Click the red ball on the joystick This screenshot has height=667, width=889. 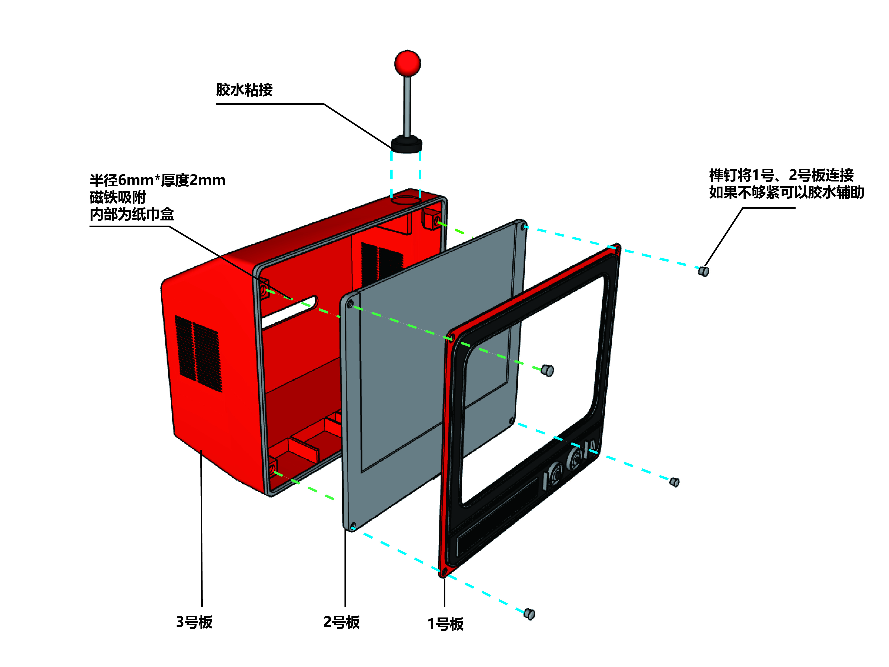(x=407, y=63)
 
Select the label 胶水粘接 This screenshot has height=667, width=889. (x=244, y=90)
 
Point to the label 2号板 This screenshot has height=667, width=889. (x=342, y=622)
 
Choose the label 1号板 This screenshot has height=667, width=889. (x=445, y=624)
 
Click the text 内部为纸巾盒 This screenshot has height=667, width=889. (x=132, y=214)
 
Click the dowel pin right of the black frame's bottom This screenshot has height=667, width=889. (x=674, y=482)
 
